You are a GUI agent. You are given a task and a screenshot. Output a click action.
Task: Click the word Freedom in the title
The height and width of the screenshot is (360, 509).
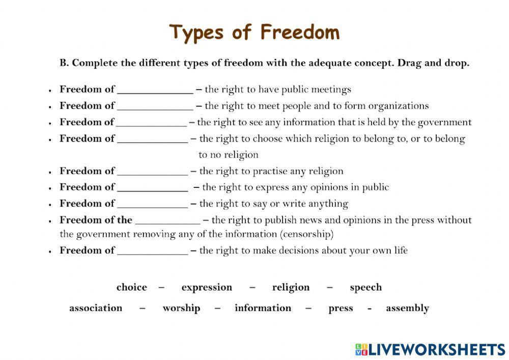[x=300, y=33]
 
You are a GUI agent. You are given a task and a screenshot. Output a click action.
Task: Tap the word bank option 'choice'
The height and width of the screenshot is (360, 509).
[x=131, y=287]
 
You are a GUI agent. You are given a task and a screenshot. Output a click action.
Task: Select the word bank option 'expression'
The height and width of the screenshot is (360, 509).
[x=207, y=288]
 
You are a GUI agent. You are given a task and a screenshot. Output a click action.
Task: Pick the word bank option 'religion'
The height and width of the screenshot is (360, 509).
[x=291, y=288]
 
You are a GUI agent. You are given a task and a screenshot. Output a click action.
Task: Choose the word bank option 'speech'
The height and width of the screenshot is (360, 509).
[x=366, y=288]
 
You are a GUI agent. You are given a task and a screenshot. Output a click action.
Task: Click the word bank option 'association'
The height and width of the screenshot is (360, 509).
[x=96, y=308]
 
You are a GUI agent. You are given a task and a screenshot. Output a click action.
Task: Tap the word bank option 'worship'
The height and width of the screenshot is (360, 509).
[x=181, y=308]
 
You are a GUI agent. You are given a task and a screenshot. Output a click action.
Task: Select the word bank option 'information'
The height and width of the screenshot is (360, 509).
[x=263, y=308]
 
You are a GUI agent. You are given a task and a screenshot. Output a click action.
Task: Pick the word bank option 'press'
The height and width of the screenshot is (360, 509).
[x=341, y=309]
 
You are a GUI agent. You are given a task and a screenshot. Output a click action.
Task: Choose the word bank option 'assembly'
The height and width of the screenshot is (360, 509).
[x=407, y=308]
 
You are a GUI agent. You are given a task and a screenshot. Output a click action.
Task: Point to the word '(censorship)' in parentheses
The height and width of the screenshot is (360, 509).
[x=307, y=234]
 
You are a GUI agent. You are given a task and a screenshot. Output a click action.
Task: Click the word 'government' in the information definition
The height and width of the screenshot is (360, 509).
[x=444, y=122]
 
